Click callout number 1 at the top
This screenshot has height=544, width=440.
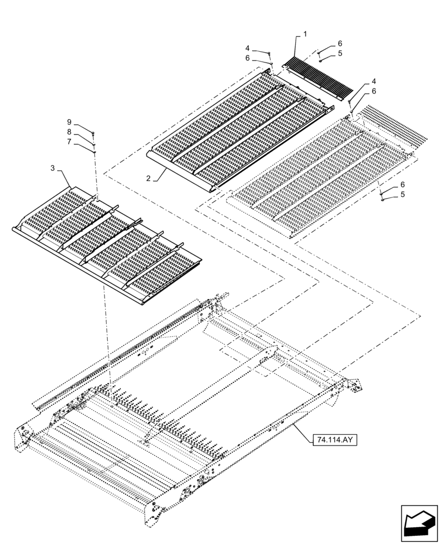pyautogui.click(x=305, y=34)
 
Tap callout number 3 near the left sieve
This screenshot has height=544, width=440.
pyautogui.click(x=53, y=169)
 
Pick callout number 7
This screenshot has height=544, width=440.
pyautogui.click(x=69, y=141)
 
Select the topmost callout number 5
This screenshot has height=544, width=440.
pyautogui.click(x=340, y=53)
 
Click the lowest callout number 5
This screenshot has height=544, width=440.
pyautogui.click(x=402, y=194)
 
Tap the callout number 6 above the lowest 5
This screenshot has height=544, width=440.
pyautogui.click(x=402, y=184)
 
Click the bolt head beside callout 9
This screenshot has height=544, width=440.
pyautogui.click(x=94, y=134)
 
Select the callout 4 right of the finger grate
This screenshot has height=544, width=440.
pyautogui.click(x=374, y=81)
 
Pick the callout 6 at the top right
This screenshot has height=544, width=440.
pyautogui.click(x=340, y=43)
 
